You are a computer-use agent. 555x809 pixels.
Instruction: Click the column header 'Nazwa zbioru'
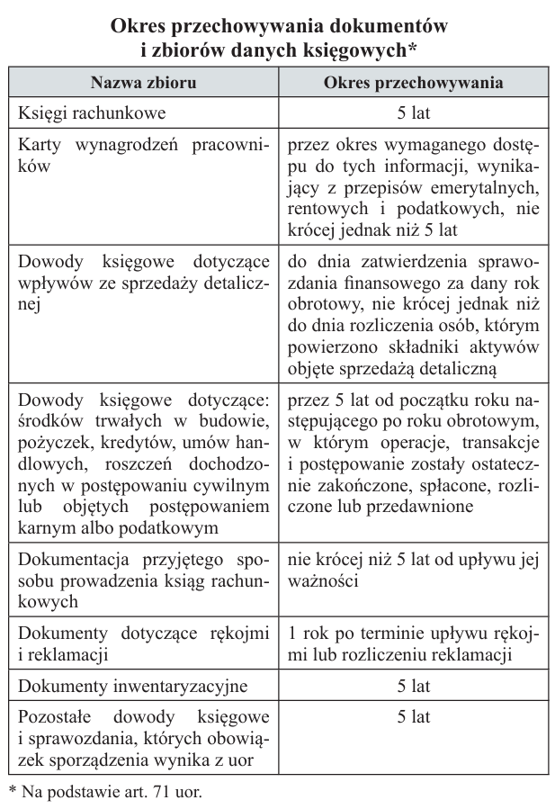tap(144, 83)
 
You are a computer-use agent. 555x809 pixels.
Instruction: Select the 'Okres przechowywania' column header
tap(414, 83)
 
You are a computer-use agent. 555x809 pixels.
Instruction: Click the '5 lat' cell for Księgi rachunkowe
tap(414, 113)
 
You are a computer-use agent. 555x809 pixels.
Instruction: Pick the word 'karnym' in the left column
tap(47, 527)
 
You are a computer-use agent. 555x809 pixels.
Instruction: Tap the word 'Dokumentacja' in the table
tap(72, 559)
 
